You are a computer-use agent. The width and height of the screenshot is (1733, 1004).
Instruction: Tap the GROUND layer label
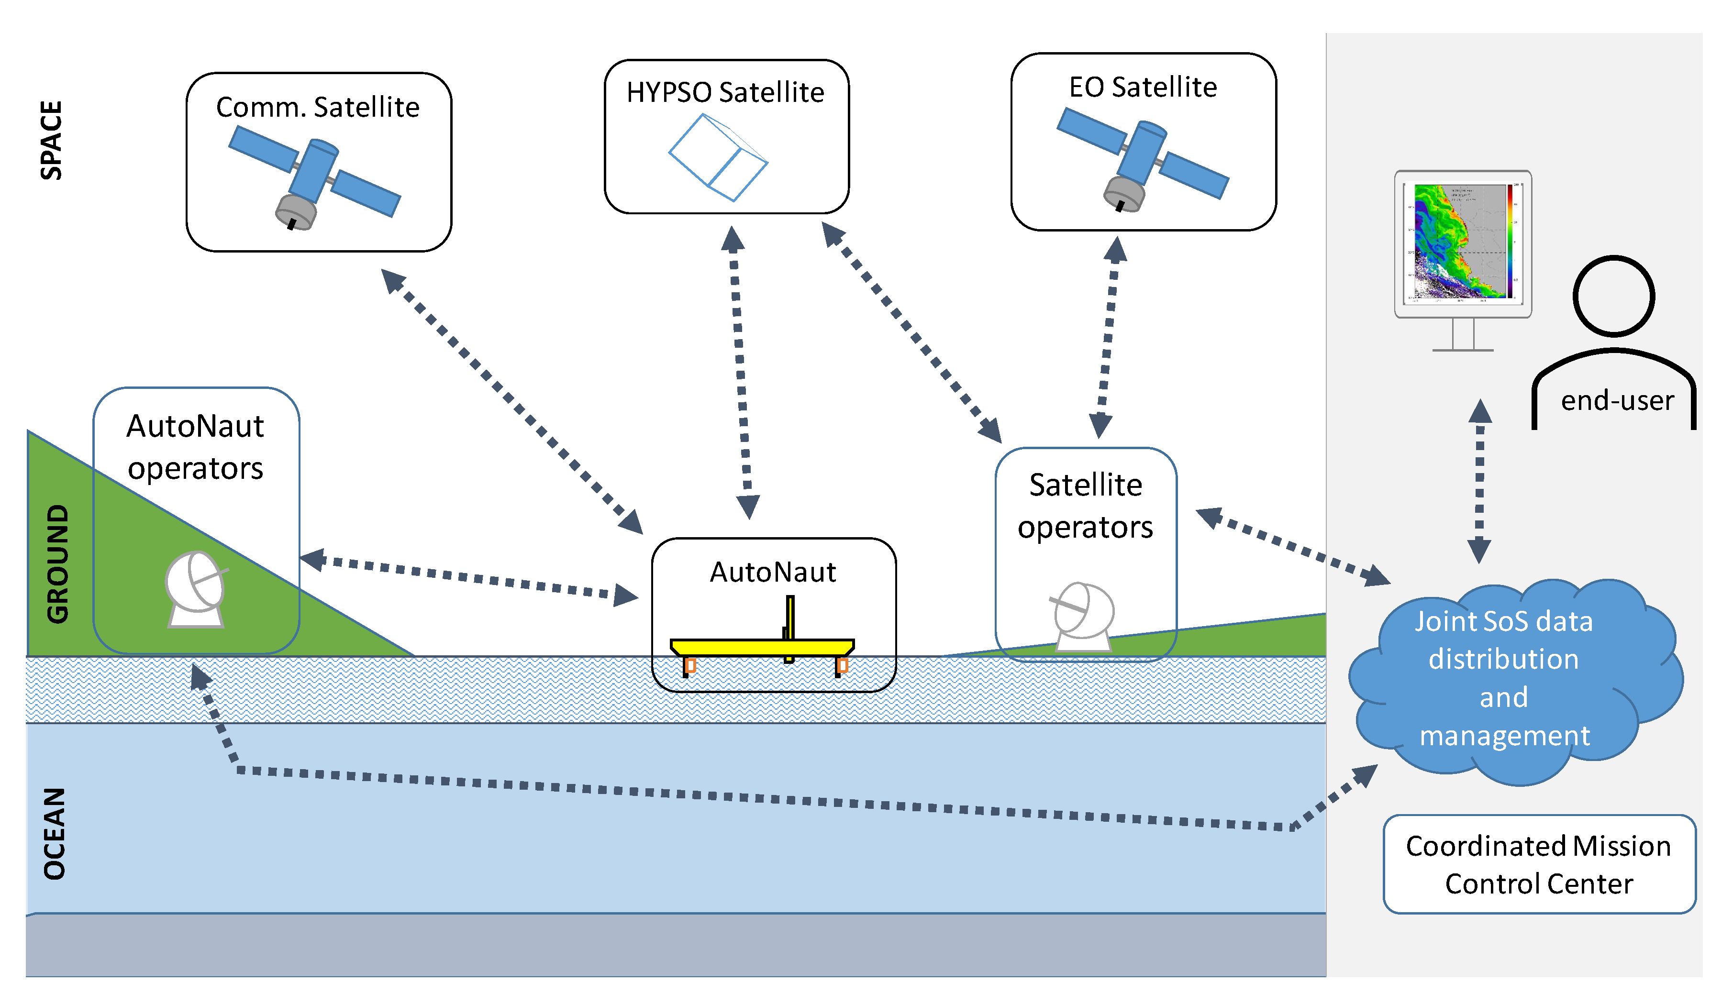click(58, 564)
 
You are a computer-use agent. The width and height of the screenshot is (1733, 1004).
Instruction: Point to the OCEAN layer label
click(55, 833)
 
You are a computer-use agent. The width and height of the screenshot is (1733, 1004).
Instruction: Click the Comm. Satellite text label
click(318, 107)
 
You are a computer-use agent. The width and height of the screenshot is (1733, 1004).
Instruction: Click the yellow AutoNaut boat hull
click(762, 647)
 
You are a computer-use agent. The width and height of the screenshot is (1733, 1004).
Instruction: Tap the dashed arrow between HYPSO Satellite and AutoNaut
click(741, 371)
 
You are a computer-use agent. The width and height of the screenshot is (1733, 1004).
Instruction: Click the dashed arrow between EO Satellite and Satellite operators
click(1107, 337)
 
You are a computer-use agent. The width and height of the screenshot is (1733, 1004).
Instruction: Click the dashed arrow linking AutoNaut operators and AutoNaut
click(469, 576)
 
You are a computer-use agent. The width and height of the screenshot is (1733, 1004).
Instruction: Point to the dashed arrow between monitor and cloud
click(1479, 481)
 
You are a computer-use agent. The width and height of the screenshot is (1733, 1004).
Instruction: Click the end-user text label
click(1617, 400)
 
